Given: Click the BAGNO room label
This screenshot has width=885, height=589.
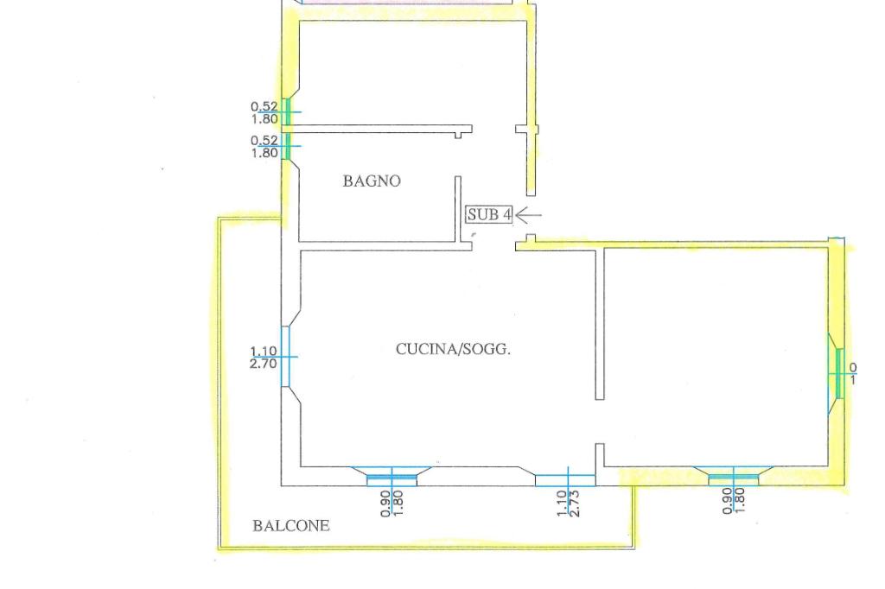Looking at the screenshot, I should [372, 181].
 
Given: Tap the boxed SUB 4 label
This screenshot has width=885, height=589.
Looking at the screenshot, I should [489, 215].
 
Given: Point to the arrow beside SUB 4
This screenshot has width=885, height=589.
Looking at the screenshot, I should [529, 215].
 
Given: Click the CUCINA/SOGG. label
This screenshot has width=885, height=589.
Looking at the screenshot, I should [453, 350].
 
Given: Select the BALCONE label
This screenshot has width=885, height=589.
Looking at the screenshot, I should [291, 525].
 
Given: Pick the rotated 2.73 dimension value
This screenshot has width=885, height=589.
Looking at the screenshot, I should [575, 503].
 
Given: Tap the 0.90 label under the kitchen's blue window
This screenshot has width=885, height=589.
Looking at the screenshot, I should [385, 503].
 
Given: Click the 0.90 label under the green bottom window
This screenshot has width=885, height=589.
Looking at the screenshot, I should [727, 500].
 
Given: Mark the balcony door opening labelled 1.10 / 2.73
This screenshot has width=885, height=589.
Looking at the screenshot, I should [565, 480].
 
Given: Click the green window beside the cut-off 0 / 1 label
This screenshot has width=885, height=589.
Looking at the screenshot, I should [838, 373].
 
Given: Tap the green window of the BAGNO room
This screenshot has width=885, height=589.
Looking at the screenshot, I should [288, 146].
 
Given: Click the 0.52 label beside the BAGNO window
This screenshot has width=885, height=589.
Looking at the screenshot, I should [264, 140].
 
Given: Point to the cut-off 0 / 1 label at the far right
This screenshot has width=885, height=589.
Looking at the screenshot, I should [853, 373].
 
